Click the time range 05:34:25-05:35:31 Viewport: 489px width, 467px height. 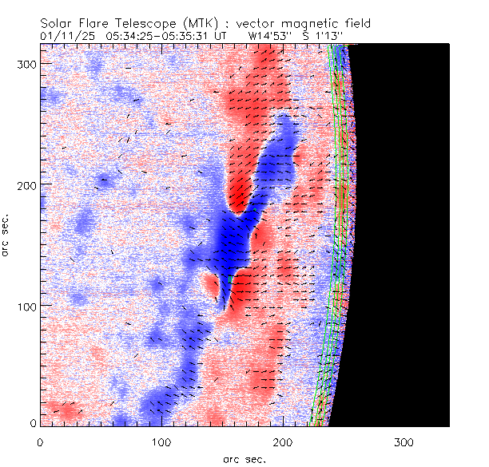(x=162, y=36)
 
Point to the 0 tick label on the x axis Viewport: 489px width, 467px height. (x=40, y=441)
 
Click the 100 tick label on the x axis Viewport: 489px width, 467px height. (x=161, y=441)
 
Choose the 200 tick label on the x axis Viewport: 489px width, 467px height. (x=284, y=441)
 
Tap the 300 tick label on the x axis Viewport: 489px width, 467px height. (x=405, y=441)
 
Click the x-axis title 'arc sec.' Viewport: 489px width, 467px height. (x=244, y=458)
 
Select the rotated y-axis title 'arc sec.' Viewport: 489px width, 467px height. (x=6, y=235)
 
